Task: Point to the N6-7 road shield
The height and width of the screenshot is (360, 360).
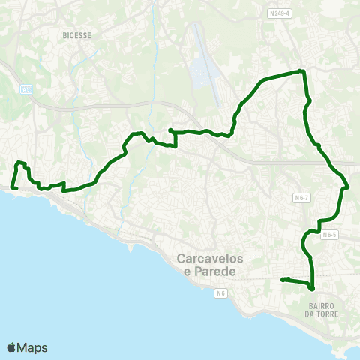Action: [x=301, y=196]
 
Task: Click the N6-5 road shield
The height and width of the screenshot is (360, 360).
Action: [x=331, y=234]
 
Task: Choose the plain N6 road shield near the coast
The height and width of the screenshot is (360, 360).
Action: [x=220, y=292]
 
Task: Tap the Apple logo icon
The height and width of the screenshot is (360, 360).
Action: [x=12, y=347]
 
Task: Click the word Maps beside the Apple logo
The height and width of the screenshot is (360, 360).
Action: [x=34, y=347]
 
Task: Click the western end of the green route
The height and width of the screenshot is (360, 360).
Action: [x=13, y=187]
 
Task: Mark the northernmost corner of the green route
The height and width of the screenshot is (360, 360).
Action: [x=301, y=70]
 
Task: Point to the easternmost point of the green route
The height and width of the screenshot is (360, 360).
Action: [x=349, y=186]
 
